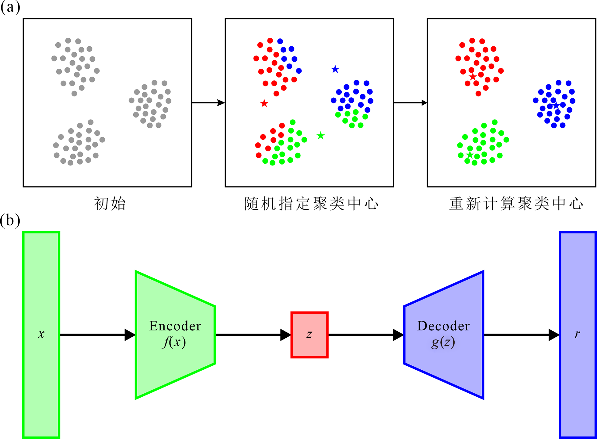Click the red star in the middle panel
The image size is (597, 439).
pos(264,104)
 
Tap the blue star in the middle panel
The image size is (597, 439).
pos(335,69)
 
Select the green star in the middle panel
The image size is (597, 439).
pos(320,136)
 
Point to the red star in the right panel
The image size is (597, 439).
pos(472,77)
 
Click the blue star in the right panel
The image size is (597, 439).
pos(556,106)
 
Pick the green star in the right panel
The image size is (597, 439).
pos(470,155)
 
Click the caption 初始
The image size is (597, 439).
pos(110,204)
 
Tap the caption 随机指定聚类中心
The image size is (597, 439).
pos(311,204)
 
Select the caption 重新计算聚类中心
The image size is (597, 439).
pos(516,204)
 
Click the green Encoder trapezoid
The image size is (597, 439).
pos(175,335)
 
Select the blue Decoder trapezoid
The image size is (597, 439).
pos(444,335)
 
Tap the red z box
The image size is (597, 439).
pos(309,335)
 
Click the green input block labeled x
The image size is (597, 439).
pos(41,335)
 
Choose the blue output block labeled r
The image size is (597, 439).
pos(578,335)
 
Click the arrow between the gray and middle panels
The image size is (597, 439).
pos(208,103)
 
